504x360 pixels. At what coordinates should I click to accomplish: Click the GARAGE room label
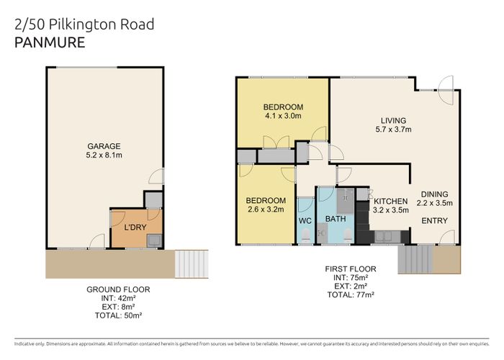104,146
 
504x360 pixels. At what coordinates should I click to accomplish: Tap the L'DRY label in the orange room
135,228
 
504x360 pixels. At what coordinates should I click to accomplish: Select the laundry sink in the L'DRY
154,240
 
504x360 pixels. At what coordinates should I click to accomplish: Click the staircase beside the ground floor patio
192,264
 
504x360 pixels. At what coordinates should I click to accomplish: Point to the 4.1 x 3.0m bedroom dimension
283,116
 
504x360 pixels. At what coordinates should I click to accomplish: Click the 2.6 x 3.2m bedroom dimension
266,210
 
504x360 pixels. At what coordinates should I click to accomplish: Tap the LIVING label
393,120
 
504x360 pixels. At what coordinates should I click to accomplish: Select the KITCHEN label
390,201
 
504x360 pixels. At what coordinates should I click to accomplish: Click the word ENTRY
435,221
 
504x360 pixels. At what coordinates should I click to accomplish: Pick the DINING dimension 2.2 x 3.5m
435,203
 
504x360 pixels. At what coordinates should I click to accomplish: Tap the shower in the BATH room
345,201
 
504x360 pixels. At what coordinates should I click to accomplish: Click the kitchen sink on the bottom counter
388,237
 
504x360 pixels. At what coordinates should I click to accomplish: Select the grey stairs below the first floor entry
415,259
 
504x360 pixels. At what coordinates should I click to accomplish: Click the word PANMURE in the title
50,42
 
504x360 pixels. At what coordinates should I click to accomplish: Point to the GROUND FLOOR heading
118,289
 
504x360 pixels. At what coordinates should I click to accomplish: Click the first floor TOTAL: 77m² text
351,294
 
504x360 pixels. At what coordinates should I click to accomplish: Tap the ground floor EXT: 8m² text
118,307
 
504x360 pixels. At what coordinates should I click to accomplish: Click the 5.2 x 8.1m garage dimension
104,156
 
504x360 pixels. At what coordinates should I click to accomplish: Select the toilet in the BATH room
348,235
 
